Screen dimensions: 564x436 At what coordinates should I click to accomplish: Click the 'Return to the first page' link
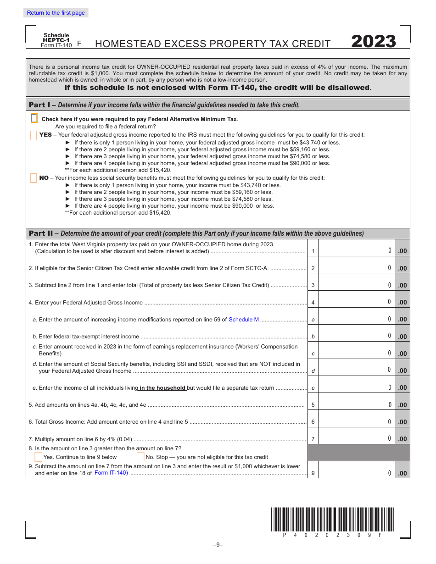click(x=56, y=13)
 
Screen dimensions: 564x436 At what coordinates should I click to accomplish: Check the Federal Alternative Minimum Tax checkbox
click(x=34, y=118)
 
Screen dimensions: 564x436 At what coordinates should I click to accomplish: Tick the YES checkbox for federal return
click(x=34, y=135)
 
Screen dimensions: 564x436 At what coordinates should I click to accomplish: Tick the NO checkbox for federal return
click(x=34, y=178)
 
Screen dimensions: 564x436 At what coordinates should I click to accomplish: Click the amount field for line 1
click(x=356, y=250)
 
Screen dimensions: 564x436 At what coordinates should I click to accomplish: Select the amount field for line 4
click(x=356, y=302)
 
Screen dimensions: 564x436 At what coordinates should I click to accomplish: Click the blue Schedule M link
click(x=244, y=320)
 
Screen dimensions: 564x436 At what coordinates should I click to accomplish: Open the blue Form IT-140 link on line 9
click(x=111, y=473)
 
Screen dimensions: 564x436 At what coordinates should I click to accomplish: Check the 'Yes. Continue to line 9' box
click(x=39, y=457)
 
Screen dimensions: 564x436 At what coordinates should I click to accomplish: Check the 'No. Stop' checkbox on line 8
click(x=140, y=457)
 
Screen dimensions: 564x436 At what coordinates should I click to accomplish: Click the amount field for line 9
click(x=356, y=473)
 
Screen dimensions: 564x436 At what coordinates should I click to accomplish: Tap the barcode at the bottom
click(x=332, y=519)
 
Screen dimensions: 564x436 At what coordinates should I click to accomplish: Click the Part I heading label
click(x=40, y=105)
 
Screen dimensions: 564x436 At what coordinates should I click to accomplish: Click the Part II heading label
click(x=41, y=233)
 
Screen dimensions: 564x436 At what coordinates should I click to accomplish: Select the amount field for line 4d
click(x=356, y=370)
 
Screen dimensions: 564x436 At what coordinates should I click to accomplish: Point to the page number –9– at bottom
click(x=218, y=545)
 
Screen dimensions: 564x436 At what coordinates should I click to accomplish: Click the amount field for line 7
click(x=356, y=438)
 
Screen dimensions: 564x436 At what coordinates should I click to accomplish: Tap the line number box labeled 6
click(x=313, y=422)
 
